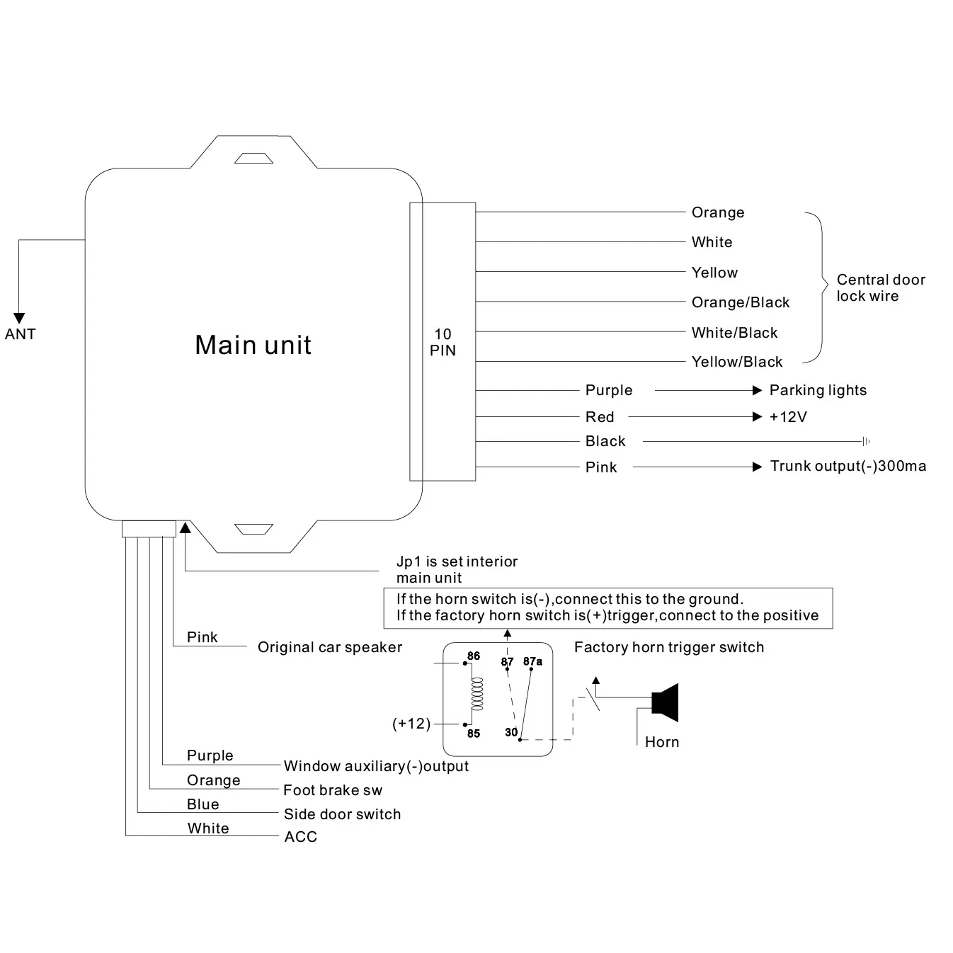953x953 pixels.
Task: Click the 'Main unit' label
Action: point(253,345)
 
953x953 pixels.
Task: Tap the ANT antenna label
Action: point(20,334)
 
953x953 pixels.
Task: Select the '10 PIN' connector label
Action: point(443,342)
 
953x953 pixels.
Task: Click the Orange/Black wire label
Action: point(740,302)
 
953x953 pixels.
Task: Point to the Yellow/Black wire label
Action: point(736,362)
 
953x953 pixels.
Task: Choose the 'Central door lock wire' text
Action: point(880,287)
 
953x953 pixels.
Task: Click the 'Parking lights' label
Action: point(817,390)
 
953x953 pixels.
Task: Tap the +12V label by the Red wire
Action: point(787,417)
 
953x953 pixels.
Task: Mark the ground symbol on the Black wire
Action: point(866,442)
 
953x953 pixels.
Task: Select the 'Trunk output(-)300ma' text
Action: point(848,466)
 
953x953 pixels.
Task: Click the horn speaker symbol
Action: point(666,702)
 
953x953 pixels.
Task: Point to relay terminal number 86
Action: point(474,656)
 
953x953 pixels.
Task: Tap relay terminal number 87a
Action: point(532,661)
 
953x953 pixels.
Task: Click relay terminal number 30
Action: point(511,732)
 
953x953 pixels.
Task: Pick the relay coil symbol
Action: point(477,694)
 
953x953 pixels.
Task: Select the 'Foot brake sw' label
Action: point(332,790)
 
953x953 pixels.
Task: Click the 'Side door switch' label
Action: point(342,814)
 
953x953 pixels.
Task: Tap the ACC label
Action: point(300,837)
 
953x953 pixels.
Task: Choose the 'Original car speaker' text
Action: point(329,647)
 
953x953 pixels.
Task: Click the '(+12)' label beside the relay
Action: point(411,724)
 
